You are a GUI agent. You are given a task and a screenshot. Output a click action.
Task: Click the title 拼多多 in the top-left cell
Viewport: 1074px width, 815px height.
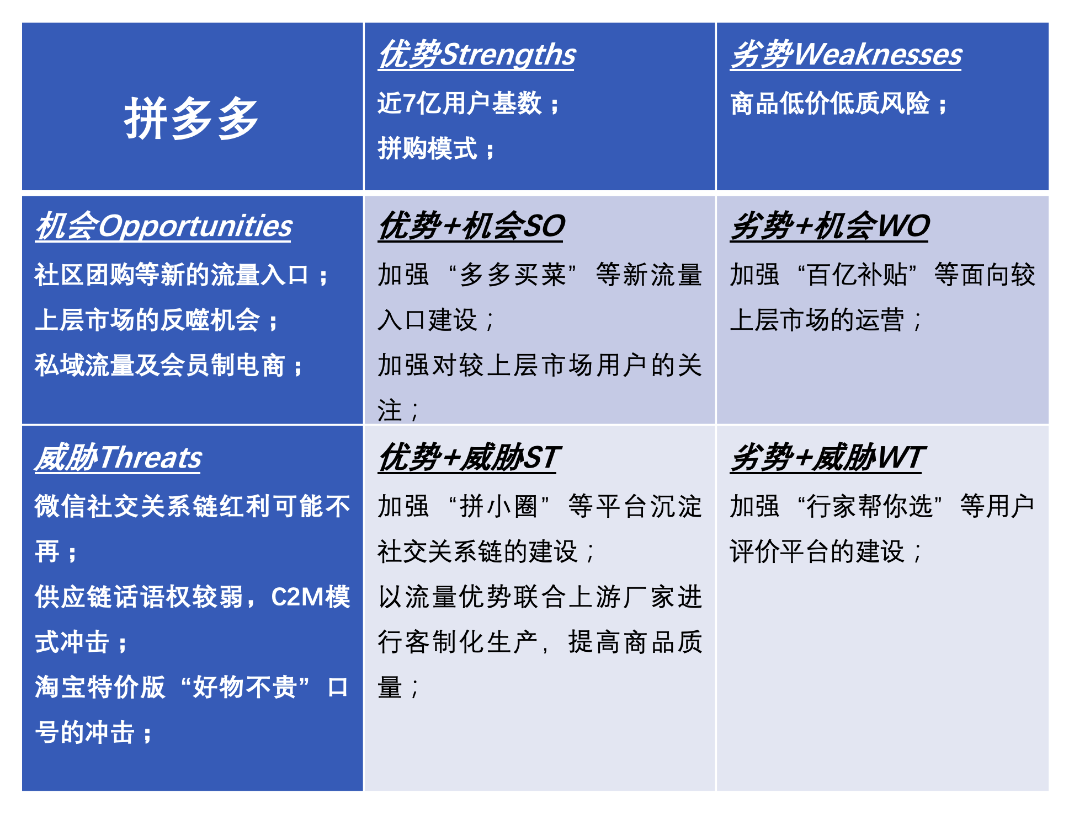coord(191,119)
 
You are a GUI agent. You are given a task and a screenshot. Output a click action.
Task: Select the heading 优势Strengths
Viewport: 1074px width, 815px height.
coord(477,55)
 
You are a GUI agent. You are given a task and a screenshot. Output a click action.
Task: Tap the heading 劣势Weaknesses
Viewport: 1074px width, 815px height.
coord(846,55)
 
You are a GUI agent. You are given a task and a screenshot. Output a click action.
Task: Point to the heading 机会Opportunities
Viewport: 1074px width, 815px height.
coord(163,226)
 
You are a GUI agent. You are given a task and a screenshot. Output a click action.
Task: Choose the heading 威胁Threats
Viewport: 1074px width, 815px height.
coord(118,458)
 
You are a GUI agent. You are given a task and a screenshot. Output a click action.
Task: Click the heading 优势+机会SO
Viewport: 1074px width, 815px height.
coord(471,226)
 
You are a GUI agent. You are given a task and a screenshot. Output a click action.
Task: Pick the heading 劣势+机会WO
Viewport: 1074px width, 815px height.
coord(829,226)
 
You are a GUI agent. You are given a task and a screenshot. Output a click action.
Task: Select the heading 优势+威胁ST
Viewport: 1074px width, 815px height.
coord(469,458)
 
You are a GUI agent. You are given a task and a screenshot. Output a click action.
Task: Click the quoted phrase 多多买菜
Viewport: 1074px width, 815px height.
coord(513,275)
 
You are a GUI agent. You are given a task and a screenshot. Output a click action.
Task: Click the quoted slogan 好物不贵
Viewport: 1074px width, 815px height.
coord(245,687)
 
